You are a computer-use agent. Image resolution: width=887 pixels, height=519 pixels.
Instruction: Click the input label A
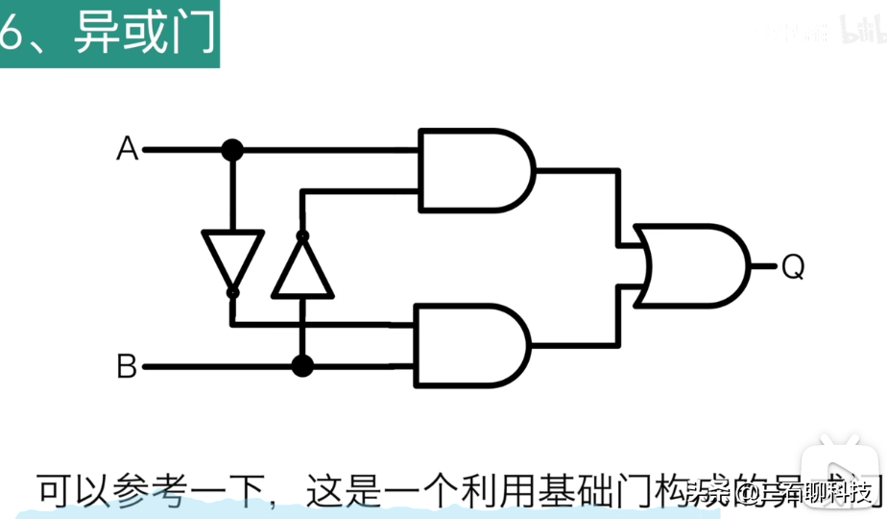pyautogui.click(x=127, y=150)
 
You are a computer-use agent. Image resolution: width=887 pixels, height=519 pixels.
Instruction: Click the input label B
pyautogui.click(x=127, y=366)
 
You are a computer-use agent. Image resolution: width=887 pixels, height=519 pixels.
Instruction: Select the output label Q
pyautogui.click(x=792, y=267)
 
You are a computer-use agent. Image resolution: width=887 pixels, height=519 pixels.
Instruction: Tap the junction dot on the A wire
pyautogui.click(x=232, y=150)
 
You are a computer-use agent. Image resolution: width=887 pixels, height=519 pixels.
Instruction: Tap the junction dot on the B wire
pyautogui.click(x=302, y=366)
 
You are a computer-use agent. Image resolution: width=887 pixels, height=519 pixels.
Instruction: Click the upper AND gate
pyautogui.click(x=475, y=170)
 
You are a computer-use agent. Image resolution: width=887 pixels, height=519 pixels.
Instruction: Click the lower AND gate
pyautogui.click(x=470, y=346)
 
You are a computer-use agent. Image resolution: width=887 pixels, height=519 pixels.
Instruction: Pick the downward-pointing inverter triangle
pyautogui.click(x=232, y=256)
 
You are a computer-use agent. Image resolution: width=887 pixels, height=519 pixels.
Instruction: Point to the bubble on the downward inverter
pyautogui.click(x=232, y=289)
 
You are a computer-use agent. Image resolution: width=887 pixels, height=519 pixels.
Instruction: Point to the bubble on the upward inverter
pyautogui.click(x=302, y=235)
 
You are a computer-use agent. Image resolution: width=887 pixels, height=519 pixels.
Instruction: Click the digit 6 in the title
pyautogui.click(x=12, y=36)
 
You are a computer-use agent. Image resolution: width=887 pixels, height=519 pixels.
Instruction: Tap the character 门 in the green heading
pyautogui.click(x=193, y=36)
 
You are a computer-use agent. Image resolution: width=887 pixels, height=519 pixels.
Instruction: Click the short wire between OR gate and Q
pyautogui.click(x=763, y=266)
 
